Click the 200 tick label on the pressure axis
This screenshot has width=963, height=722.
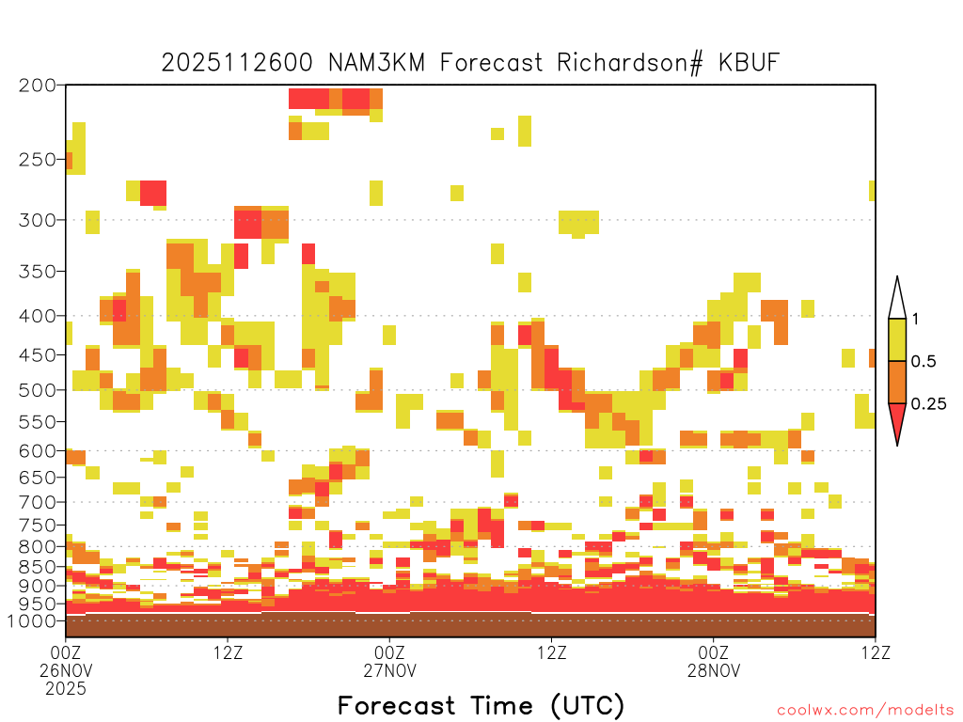pos(38,86)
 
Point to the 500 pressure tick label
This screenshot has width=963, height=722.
pos(38,390)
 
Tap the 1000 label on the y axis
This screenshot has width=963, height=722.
pos(32,620)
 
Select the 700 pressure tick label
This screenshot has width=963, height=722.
pos(38,502)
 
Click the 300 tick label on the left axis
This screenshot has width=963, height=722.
pos(38,220)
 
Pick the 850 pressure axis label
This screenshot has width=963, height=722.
pos(38,567)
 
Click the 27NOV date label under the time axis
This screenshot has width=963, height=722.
pos(390,670)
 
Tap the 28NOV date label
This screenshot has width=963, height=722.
pos(714,670)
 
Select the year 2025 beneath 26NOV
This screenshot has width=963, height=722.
pos(66,689)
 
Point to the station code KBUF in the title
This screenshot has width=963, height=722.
pos(749,63)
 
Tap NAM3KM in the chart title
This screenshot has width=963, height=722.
pos(376,63)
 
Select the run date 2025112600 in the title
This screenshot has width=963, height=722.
pos(237,63)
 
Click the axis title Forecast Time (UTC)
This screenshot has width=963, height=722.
pos(481,705)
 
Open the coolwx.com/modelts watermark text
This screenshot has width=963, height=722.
pos(866,711)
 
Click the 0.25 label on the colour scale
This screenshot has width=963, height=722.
pos(928,404)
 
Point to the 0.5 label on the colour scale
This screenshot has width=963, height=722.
pos(924,362)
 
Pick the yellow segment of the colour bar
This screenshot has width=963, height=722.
pos(897,339)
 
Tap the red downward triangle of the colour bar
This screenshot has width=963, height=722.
pos(897,419)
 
